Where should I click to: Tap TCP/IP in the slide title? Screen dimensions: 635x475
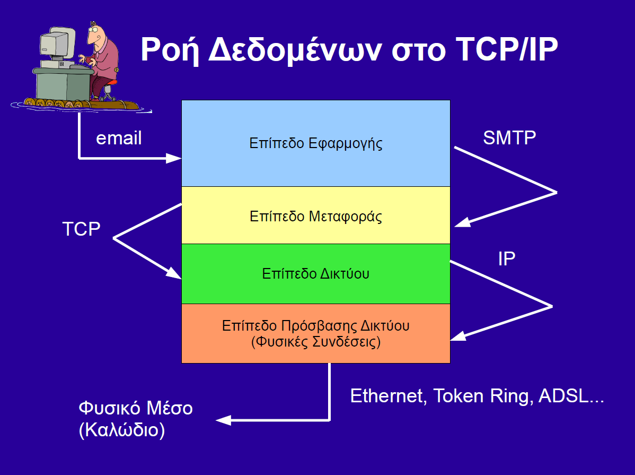pyautogui.click(x=507, y=49)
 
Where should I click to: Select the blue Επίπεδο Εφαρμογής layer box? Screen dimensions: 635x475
pyautogui.click(x=316, y=143)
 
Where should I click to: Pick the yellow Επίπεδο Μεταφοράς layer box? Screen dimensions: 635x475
pyautogui.click(x=316, y=215)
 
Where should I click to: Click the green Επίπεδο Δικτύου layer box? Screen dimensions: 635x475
pyautogui.click(x=316, y=274)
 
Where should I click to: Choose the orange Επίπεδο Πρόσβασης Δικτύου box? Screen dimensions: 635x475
pyautogui.click(x=316, y=333)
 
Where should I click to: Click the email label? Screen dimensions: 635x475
pyautogui.click(x=119, y=138)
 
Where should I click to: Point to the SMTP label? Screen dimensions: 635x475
pyautogui.click(x=509, y=138)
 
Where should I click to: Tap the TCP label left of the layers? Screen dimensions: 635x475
pyautogui.click(x=82, y=229)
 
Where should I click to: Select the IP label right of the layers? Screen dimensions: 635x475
pyautogui.click(x=507, y=259)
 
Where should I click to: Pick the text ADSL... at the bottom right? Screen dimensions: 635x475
pyautogui.click(x=571, y=396)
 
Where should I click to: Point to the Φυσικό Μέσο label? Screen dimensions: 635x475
pyautogui.click(x=136, y=408)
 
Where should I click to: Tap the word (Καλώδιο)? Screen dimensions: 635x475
pyautogui.click(x=122, y=430)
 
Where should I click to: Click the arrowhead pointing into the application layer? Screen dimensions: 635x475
pyautogui.click(x=174, y=158)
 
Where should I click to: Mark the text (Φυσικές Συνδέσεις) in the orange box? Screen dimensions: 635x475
pyautogui.click(x=316, y=342)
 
